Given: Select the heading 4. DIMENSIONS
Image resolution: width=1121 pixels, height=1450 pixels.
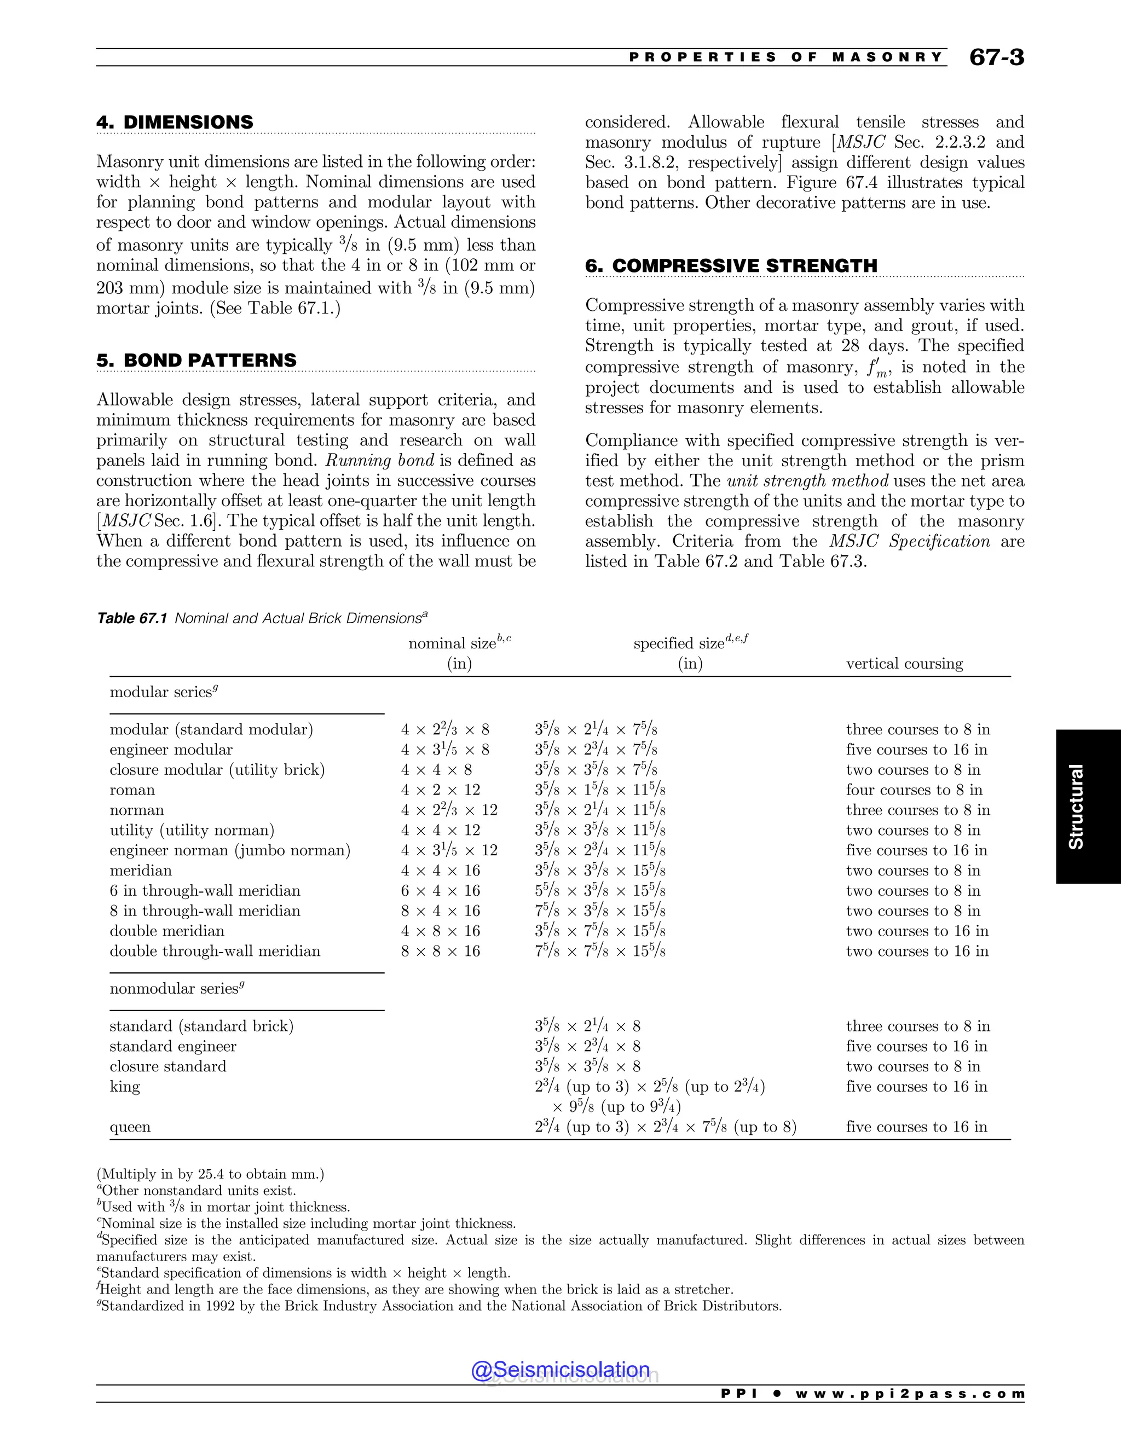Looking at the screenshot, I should click(x=175, y=122).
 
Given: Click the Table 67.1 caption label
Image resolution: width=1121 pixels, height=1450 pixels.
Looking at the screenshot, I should click(x=131, y=618).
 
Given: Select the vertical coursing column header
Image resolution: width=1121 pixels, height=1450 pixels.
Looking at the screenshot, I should click(x=904, y=663).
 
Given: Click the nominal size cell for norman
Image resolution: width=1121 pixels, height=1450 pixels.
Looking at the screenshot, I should click(x=449, y=810).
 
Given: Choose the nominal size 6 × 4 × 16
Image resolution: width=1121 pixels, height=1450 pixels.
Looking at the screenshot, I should click(x=440, y=890).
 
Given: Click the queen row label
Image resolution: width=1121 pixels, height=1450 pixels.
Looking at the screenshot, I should click(x=130, y=1127).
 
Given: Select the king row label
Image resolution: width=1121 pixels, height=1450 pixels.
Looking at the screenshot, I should click(x=125, y=1086).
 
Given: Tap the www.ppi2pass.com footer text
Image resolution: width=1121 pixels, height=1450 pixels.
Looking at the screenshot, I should click(x=910, y=1394).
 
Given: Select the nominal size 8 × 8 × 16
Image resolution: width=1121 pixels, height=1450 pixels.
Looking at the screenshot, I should click(x=440, y=951).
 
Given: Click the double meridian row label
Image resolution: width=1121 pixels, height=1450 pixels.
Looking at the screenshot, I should click(x=167, y=931).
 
